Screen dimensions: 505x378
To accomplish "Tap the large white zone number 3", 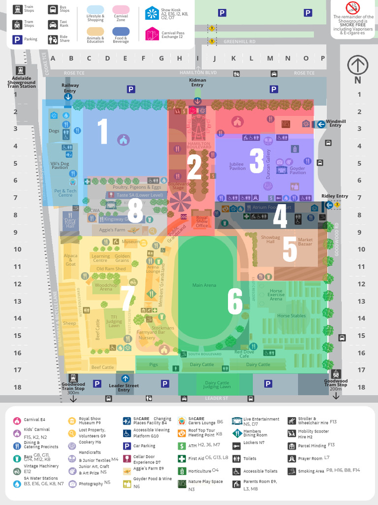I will click(256, 160).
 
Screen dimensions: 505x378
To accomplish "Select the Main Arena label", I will click(204, 285).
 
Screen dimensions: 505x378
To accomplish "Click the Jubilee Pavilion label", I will click(237, 166).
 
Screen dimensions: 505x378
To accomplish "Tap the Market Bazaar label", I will click(305, 242).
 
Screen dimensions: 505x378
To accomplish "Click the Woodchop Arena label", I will click(106, 287).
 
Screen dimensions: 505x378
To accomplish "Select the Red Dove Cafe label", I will click(244, 354).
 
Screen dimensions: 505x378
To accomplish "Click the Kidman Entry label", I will click(197, 82).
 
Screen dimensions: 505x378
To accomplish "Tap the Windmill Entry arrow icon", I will click(321, 124).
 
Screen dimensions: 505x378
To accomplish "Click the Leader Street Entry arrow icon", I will click(125, 378).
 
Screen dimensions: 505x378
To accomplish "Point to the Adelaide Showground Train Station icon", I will click(20, 71).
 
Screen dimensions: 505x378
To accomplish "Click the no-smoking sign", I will click(353, 8).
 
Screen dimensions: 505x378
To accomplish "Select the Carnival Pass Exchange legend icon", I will click(152, 34).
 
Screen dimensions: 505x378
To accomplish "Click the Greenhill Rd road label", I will click(240, 42).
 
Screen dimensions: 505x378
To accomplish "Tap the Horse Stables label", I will click(291, 316).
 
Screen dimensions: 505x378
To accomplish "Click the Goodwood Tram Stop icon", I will click(336, 374).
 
